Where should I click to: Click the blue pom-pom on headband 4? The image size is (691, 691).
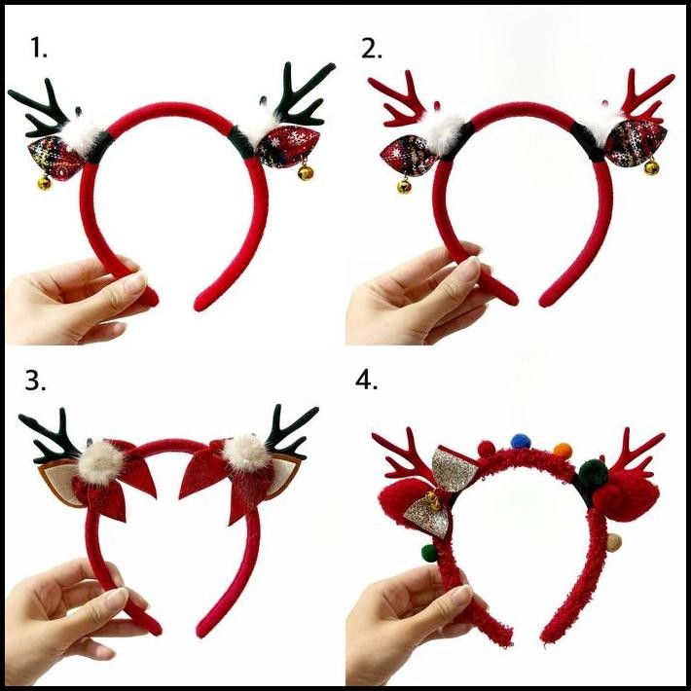(x=519, y=442)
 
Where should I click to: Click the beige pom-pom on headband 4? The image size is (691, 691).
(x=613, y=540)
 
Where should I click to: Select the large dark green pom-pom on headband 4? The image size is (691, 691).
(x=593, y=473)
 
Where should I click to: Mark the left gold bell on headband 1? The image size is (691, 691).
(x=45, y=182)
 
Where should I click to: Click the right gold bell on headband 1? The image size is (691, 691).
(x=306, y=172)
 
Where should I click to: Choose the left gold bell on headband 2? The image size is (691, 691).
(x=404, y=185)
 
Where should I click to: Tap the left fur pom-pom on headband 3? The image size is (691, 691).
(x=98, y=459)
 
